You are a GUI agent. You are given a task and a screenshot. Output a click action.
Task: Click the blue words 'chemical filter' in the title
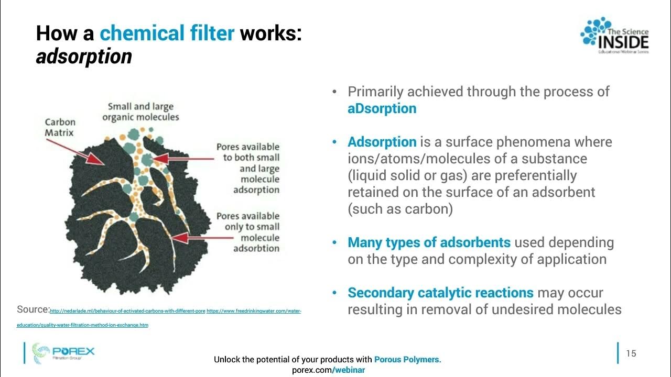(167, 34)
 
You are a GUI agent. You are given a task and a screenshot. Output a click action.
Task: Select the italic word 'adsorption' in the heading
(84, 56)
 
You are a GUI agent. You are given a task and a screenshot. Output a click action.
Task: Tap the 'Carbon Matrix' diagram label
(60, 128)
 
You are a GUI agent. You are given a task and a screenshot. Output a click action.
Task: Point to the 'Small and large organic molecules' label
(140, 112)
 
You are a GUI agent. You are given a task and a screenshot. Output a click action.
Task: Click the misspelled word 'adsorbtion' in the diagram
(256, 248)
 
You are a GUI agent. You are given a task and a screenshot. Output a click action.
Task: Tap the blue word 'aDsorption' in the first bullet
(382, 108)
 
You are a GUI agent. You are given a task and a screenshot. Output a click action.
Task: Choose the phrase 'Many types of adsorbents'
(429, 242)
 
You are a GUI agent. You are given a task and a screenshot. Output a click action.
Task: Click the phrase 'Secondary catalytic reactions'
(440, 293)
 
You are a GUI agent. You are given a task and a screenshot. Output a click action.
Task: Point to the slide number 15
(631, 353)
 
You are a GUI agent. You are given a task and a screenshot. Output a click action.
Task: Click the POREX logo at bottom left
(63, 352)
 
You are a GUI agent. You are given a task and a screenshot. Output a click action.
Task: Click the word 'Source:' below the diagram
(33, 309)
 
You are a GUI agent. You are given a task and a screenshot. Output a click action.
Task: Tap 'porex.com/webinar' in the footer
(328, 370)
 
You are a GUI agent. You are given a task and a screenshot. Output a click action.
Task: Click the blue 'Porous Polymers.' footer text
(407, 360)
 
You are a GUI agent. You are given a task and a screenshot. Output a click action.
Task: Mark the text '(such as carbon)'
(400, 209)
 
